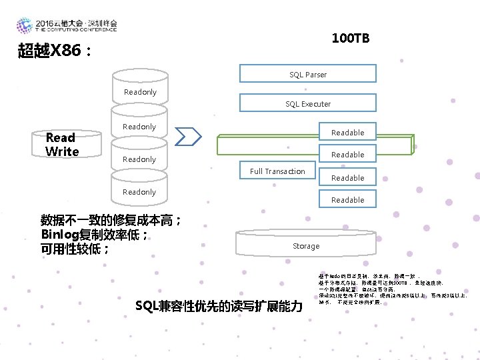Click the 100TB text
coord(350,39)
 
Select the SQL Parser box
coord(307,74)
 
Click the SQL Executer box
coord(307,103)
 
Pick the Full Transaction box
coord(277,171)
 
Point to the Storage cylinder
coord(306,245)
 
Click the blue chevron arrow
coord(189,136)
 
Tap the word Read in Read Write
coord(60,137)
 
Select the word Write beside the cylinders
coord(62,151)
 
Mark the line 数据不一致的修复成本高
coord(110,220)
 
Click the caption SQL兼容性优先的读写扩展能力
coord(219,307)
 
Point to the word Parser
coord(316,74)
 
